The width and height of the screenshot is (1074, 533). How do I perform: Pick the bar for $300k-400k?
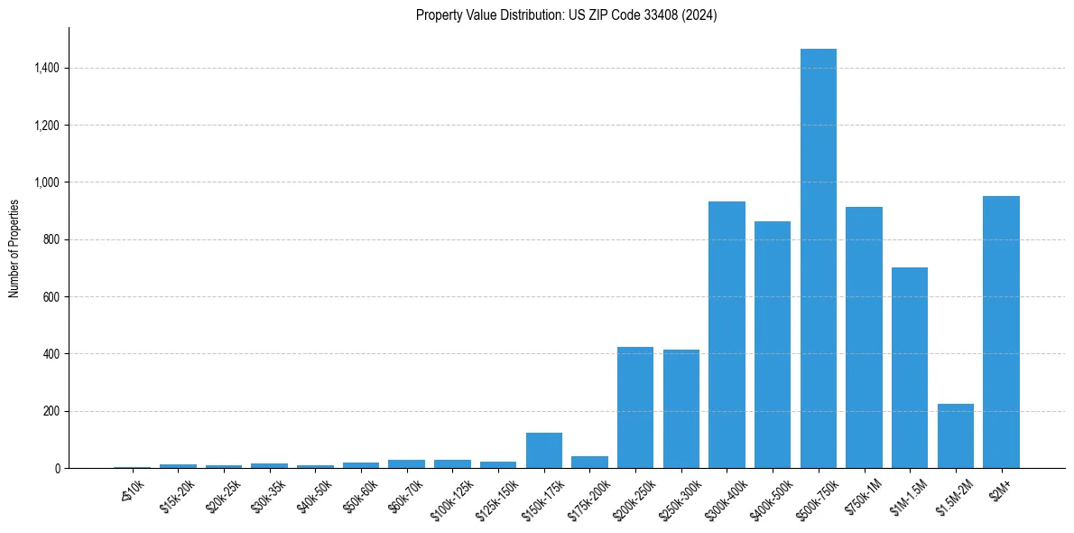point(727,335)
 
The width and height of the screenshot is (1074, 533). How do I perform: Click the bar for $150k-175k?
point(544,451)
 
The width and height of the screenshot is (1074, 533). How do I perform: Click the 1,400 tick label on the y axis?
point(47,68)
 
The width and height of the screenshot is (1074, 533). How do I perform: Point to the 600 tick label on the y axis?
point(51,296)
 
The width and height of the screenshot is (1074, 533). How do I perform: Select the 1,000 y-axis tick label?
point(47,182)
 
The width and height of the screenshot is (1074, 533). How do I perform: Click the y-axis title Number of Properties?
point(14,248)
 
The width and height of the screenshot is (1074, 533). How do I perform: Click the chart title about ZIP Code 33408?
point(566,15)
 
